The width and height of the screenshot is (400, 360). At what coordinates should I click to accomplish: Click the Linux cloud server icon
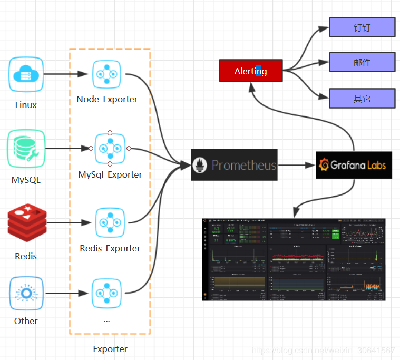(26, 74)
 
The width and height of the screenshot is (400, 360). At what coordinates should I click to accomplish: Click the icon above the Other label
(26, 293)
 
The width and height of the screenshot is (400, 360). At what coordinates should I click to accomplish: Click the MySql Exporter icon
(110, 149)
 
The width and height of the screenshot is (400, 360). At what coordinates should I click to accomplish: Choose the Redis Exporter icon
(110, 222)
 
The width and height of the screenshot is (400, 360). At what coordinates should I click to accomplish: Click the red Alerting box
(251, 71)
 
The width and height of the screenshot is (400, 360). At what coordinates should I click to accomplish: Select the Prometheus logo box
(234, 165)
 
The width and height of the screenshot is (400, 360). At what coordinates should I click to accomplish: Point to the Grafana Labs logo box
(354, 165)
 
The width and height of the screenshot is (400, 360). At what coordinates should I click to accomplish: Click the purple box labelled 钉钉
(362, 27)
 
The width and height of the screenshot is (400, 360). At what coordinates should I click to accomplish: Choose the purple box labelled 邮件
(362, 62)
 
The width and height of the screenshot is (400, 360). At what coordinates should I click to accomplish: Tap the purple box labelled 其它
(362, 98)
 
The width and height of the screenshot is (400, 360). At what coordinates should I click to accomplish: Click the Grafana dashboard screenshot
(294, 259)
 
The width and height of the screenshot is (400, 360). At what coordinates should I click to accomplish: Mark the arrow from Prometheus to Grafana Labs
(296, 165)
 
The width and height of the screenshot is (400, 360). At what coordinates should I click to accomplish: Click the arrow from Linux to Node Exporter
(65, 74)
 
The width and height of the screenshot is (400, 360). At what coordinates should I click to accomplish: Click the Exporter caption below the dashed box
(110, 349)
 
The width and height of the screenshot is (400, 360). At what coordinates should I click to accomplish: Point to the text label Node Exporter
(107, 99)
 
